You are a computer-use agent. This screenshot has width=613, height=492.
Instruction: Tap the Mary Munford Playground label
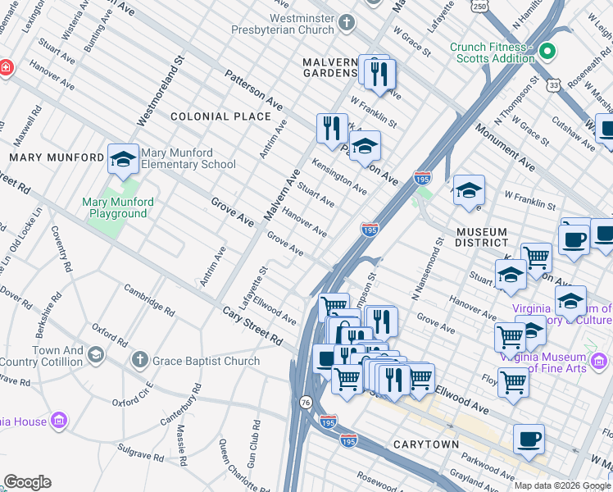115,207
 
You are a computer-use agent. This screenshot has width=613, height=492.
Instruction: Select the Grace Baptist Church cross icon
140,360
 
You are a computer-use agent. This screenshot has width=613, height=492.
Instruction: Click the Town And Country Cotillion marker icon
96,354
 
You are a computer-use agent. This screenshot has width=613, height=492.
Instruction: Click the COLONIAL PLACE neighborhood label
208,117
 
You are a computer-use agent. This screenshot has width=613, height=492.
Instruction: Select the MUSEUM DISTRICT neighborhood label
482,237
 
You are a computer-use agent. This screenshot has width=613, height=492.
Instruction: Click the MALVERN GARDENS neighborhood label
329,69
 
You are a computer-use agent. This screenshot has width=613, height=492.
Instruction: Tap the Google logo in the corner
27,482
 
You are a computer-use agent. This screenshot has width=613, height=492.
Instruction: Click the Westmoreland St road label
157,91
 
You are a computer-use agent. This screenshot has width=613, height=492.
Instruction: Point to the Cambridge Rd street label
149,300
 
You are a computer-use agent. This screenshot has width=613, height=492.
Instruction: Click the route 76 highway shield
306,402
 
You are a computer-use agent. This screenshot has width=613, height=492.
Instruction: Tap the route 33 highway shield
555,84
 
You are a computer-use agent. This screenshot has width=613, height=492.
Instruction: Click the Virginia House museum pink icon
58,421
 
